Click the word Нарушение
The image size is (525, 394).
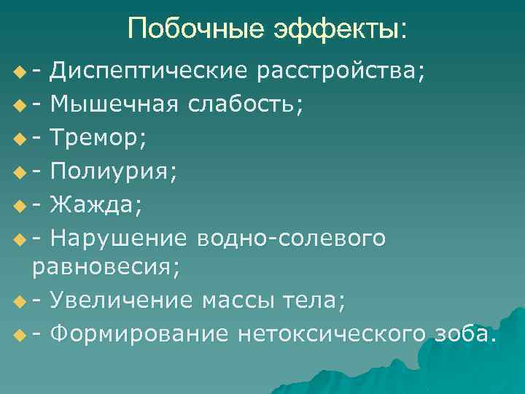point(120,238)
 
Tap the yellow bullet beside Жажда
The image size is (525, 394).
point(18,206)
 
